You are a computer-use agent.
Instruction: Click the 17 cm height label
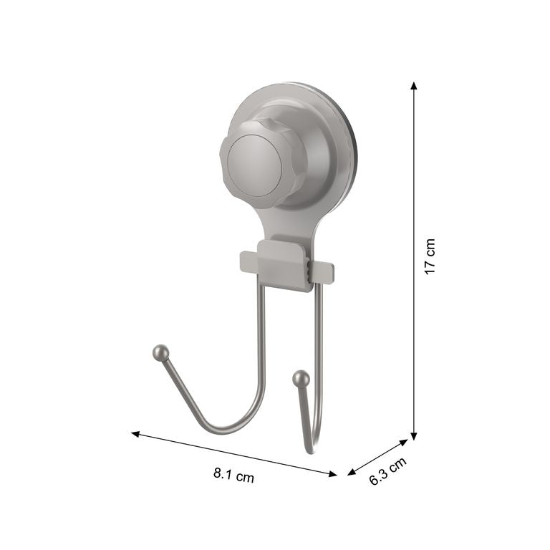430,256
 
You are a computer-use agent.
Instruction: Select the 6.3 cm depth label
387,471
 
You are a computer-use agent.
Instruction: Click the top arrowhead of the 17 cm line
414,86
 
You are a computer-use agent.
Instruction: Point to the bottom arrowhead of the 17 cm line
414,435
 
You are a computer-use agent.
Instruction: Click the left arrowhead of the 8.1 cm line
135,434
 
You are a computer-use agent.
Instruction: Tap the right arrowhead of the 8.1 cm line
332,474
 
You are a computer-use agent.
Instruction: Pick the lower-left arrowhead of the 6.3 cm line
351,473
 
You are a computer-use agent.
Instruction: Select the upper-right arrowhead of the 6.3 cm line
404,443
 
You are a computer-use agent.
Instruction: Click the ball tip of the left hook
161,352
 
